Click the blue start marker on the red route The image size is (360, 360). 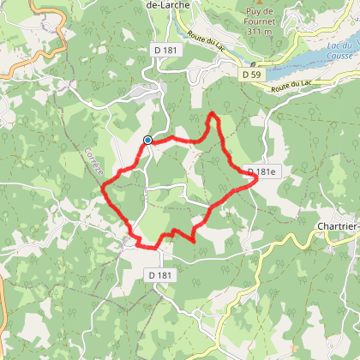pos(147,140)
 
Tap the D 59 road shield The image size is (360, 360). pos(251,75)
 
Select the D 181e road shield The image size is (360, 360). pos(262,171)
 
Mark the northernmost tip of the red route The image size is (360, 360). pos(213,113)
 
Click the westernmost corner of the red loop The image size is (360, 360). pos(104,187)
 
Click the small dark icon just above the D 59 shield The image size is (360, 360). pos(254,64)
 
